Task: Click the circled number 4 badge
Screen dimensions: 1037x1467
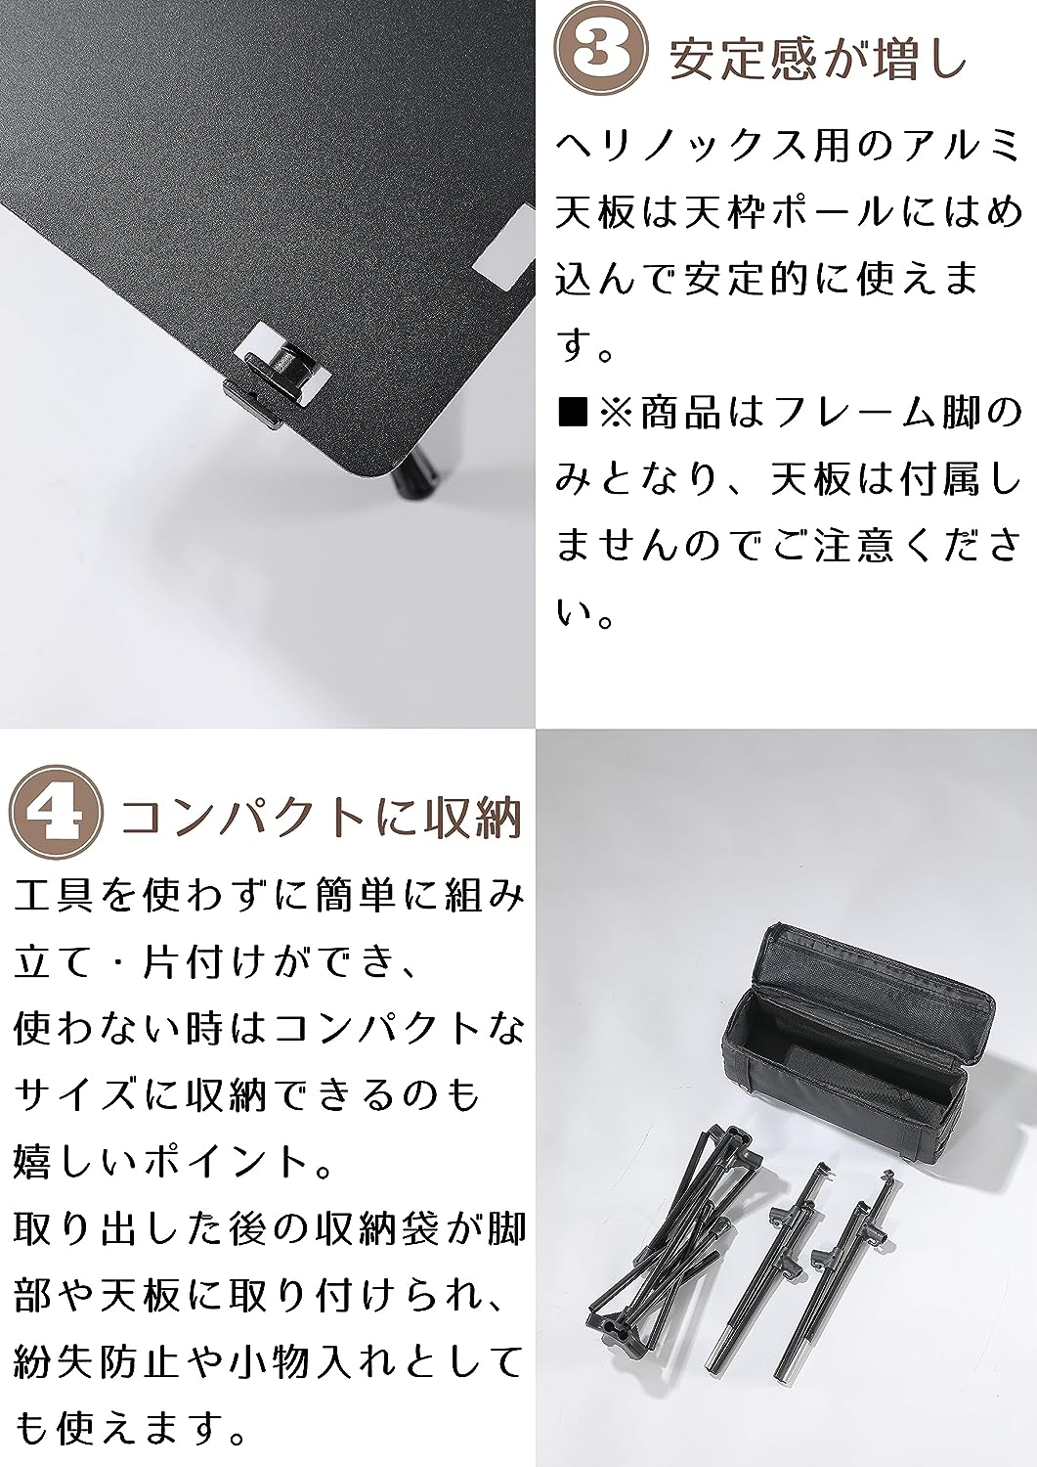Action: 56,813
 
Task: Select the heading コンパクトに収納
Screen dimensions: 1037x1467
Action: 322,817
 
